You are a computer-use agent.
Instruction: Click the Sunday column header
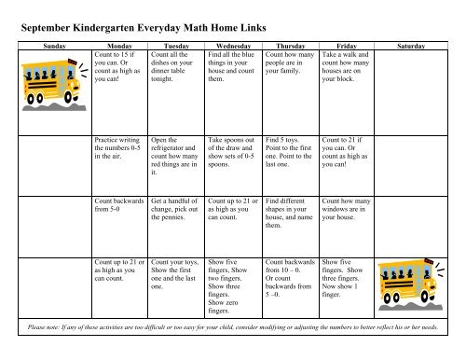(x=49, y=44)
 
